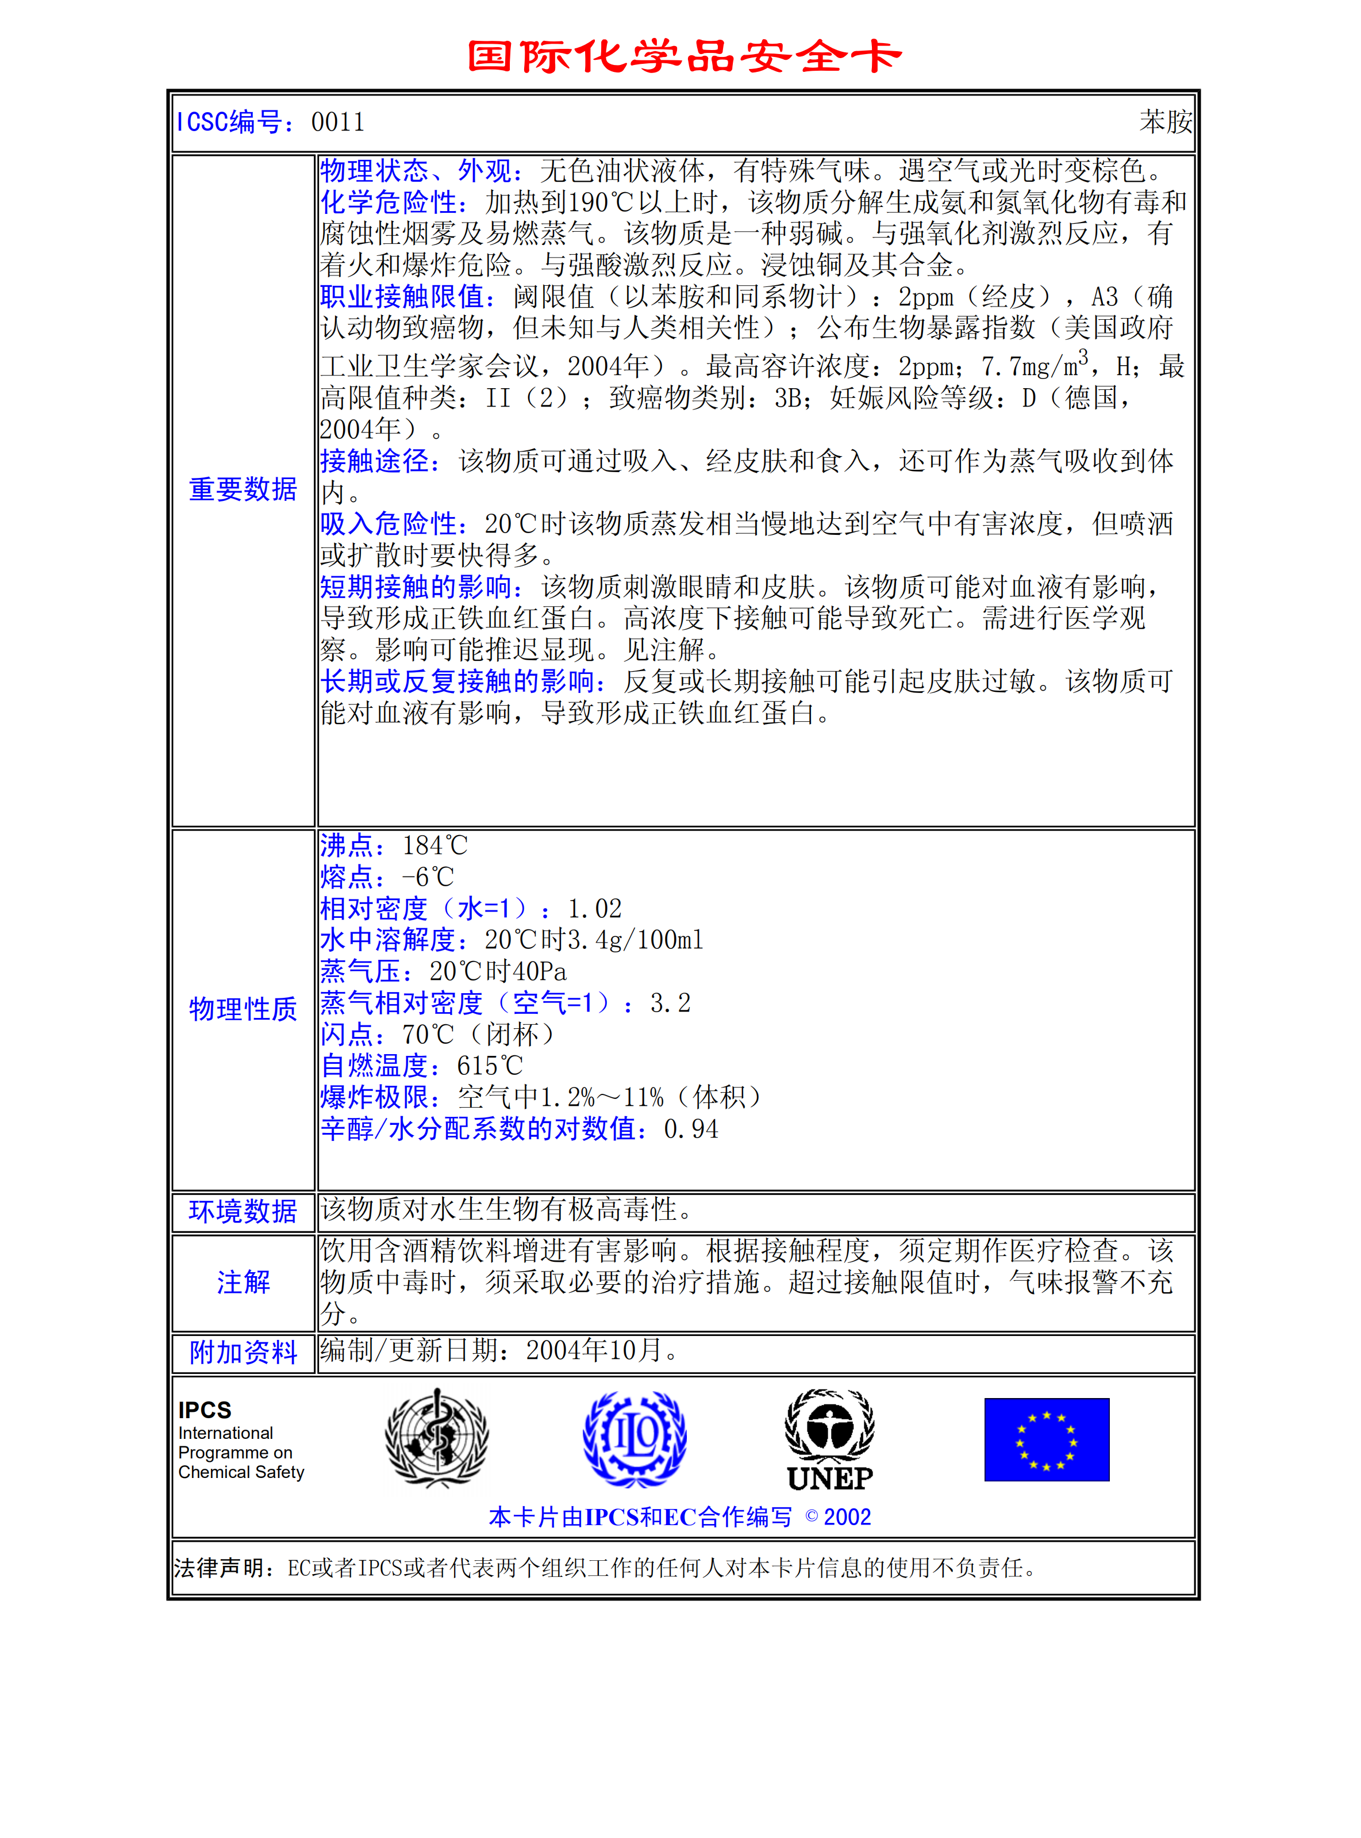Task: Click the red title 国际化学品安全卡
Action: click(x=684, y=56)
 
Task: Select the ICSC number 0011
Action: click(x=338, y=122)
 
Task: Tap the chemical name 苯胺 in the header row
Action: click(x=1165, y=122)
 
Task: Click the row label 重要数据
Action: click(x=243, y=489)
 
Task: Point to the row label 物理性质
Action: click(x=243, y=1008)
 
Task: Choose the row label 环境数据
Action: click(x=243, y=1211)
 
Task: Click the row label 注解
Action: click(x=243, y=1282)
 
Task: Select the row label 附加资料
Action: click(x=243, y=1351)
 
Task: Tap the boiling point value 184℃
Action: click(x=435, y=845)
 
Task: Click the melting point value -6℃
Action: click(x=428, y=877)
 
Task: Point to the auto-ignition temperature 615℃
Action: click(x=489, y=1066)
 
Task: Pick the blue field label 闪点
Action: click(x=347, y=1035)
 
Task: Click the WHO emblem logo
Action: click(x=437, y=1438)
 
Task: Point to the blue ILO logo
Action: click(x=635, y=1438)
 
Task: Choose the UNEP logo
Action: click(x=829, y=1441)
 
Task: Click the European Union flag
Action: click(x=1046, y=1439)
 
